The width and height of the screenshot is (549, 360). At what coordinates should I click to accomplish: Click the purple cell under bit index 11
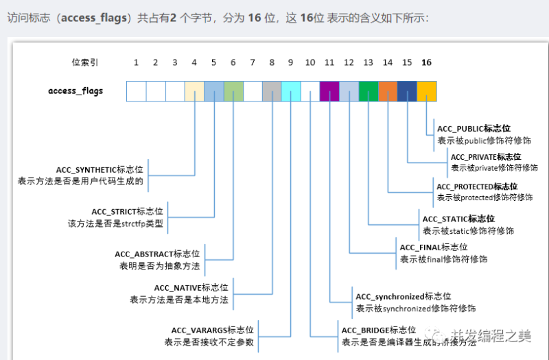tap(329, 91)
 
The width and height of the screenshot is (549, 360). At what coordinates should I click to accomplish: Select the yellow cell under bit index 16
tap(426, 91)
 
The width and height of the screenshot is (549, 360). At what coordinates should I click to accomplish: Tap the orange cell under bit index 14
tap(388, 91)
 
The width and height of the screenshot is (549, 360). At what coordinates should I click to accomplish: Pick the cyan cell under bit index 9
tap(291, 91)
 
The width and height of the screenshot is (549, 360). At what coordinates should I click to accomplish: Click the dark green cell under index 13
tap(369, 91)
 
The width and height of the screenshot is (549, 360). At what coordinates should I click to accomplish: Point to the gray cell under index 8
tap(272, 91)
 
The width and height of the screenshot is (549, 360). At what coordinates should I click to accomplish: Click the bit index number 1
tap(137, 62)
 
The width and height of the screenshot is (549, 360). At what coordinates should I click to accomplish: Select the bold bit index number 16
tap(426, 62)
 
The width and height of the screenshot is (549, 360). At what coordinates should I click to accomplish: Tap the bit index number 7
tap(253, 62)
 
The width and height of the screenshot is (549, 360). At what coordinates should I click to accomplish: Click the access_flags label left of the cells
tap(75, 91)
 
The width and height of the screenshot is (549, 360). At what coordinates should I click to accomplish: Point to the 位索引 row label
tap(85, 62)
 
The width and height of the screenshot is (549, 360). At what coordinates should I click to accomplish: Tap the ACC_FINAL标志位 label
tap(434, 247)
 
